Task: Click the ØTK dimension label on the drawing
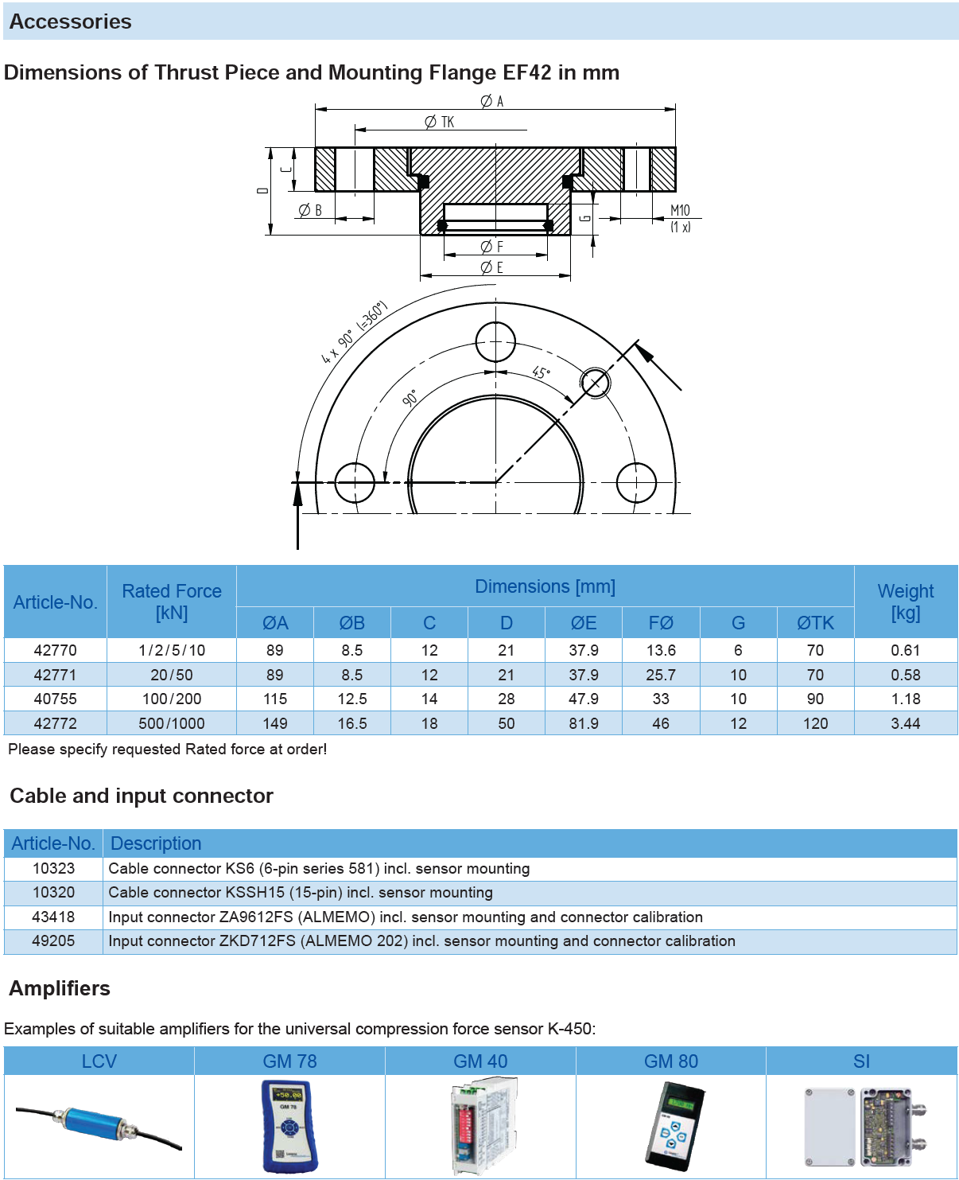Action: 440,122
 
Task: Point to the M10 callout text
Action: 680,211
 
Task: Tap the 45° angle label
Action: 541,372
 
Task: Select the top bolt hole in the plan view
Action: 495,342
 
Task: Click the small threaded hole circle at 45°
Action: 595,383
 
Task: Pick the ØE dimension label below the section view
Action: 492,268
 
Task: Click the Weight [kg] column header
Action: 906,602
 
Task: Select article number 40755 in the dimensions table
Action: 56,699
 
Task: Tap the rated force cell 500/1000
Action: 172,723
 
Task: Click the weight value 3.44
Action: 906,723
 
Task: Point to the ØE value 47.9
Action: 584,699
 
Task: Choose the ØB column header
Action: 351,623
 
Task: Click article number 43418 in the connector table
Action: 53,917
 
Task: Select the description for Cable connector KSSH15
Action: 301,893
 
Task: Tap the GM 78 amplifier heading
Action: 289,1061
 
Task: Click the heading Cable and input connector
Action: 142,796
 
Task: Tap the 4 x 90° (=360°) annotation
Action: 354,333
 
